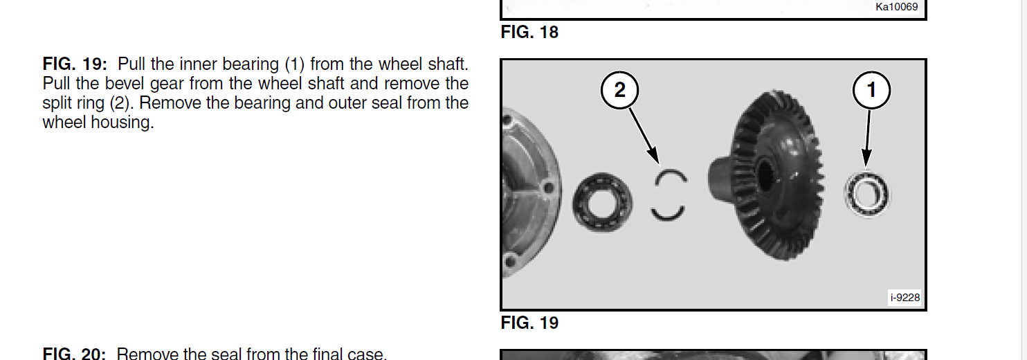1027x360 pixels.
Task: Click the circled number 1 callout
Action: coord(871,90)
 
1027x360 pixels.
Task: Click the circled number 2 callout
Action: coord(619,90)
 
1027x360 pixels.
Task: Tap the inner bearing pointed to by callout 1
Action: coord(866,195)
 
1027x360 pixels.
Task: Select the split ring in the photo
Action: coord(660,177)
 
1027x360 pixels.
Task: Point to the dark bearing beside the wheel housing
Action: coord(602,202)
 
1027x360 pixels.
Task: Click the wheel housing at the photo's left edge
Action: coord(531,192)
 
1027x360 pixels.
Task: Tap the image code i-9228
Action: coord(905,298)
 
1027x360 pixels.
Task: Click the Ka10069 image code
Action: coord(896,7)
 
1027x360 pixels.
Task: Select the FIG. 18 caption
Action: coord(529,32)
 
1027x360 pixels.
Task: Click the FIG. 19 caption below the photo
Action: coord(529,323)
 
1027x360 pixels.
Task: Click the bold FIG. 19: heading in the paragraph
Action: coord(75,64)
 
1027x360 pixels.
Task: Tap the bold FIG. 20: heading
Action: coord(74,354)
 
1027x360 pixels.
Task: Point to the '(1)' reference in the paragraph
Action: coord(294,64)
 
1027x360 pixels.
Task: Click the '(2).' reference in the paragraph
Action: coord(122,103)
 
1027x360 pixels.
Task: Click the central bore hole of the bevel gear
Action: coord(765,176)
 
